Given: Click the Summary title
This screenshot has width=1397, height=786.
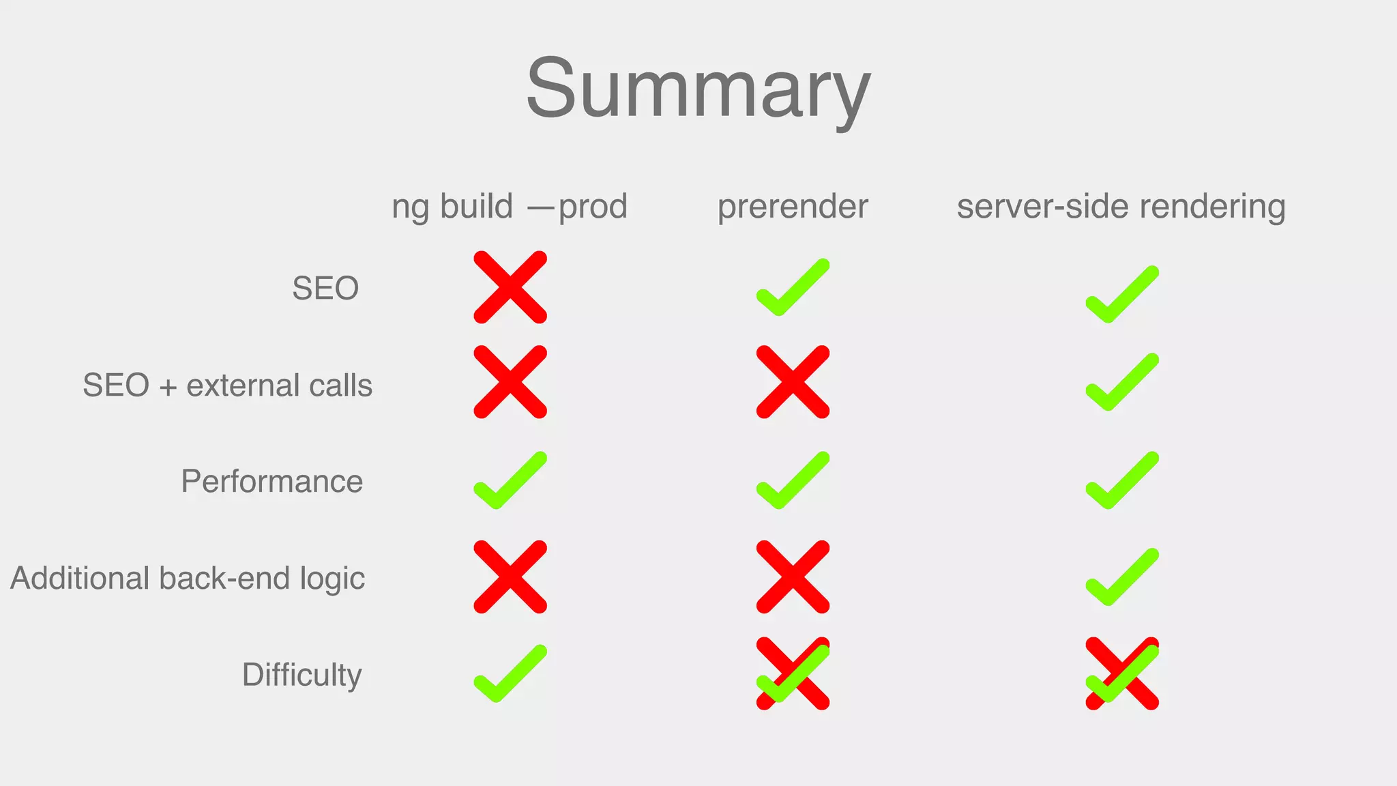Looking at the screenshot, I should tap(698, 89).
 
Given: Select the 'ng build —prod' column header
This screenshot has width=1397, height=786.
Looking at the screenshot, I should tap(510, 206).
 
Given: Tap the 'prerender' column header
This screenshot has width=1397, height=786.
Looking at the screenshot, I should tap(793, 206).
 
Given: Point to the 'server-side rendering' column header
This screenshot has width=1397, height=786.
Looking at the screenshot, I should tap(1121, 206).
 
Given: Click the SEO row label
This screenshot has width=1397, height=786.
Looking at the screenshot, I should tap(325, 288).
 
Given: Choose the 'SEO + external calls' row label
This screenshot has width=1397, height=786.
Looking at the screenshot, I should tap(227, 385).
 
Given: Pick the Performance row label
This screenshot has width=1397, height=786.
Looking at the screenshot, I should tap(271, 482).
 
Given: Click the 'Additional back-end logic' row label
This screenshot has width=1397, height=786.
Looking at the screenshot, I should tap(188, 579).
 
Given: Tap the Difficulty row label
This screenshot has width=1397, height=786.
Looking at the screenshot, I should tap(302, 675).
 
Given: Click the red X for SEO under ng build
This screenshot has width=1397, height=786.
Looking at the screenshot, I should tap(510, 287).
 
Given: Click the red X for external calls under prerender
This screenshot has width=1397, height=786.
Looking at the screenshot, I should tap(793, 381).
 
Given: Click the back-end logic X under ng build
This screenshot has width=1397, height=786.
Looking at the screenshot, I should tap(510, 577).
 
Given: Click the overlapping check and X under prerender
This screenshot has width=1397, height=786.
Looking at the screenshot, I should tap(793, 674).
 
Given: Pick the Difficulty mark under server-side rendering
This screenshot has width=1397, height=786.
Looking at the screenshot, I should tap(1122, 674).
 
